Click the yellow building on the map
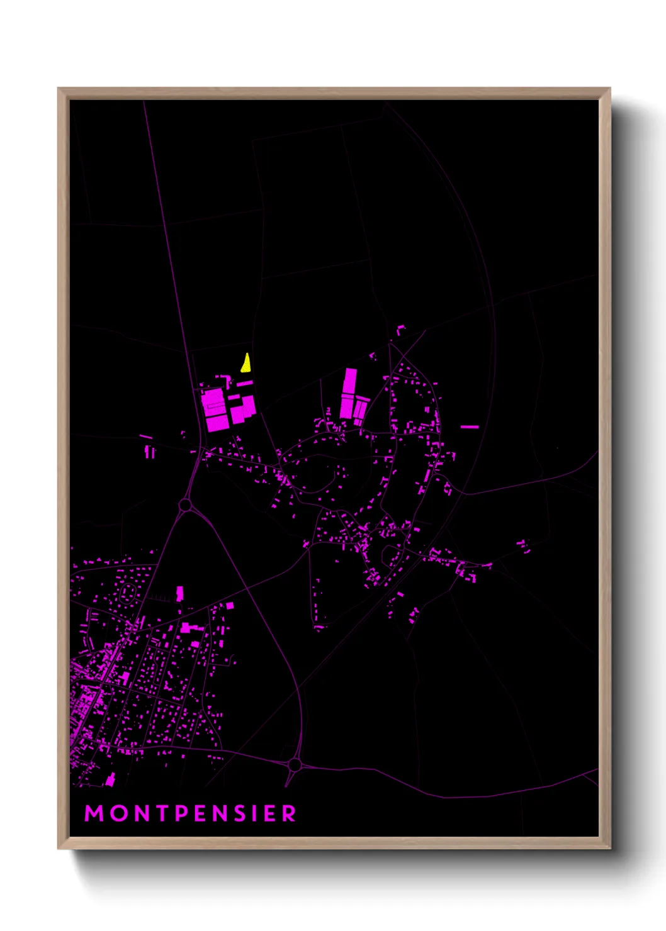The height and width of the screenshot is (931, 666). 246,364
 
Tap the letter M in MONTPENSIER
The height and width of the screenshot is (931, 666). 94,813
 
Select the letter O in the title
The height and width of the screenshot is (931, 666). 118,813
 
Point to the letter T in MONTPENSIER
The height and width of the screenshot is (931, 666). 162,813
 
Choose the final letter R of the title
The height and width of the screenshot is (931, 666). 289,813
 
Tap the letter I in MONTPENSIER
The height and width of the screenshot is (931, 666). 257,813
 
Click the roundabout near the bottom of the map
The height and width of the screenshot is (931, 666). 294,765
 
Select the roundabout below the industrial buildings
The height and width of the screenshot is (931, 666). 184,505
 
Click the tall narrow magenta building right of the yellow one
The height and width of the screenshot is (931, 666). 349,393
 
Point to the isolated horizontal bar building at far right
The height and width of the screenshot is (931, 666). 470,427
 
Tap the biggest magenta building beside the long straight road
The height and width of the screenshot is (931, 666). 215,410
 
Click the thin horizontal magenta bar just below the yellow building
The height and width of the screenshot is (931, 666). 244,383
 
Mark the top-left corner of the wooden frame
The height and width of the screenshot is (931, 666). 59,89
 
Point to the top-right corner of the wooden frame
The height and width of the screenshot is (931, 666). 610,89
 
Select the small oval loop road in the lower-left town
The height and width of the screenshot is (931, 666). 127,593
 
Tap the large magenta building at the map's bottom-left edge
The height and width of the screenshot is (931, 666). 110,781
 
